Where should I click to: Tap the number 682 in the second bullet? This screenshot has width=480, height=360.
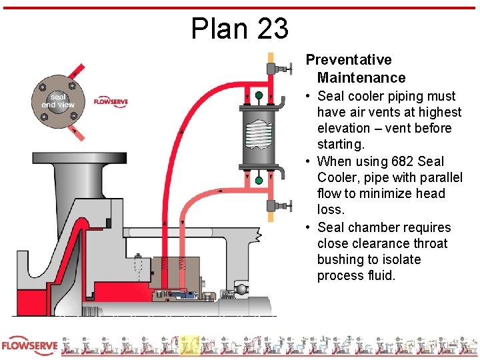pyautogui.click(x=396, y=161)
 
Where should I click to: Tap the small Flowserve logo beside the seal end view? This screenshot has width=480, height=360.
pyautogui.click(x=111, y=102)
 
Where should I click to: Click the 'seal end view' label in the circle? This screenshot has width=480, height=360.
pyautogui.click(x=58, y=101)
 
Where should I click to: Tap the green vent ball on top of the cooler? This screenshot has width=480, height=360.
pyautogui.click(x=258, y=96)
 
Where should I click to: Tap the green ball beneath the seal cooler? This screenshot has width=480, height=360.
pyautogui.click(x=259, y=180)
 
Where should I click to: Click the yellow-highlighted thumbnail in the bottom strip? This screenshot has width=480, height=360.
pyautogui.click(x=189, y=346)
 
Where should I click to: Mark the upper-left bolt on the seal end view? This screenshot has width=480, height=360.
pyautogui.click(x=43, y=87)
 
